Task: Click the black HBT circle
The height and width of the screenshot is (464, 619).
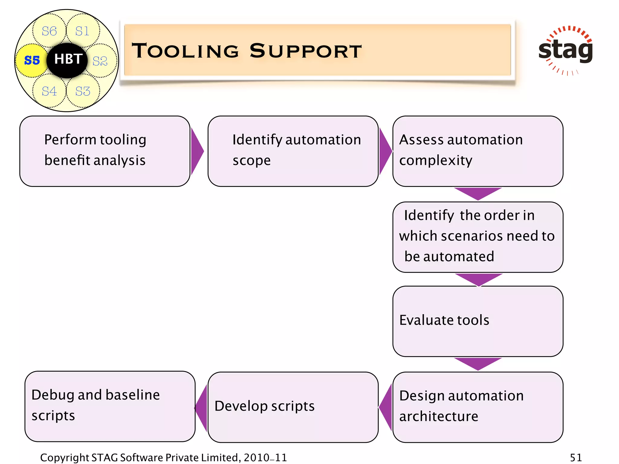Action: (x=67, y=60)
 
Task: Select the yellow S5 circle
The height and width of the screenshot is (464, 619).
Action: (x=31, y=60)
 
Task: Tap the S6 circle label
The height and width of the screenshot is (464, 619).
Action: (x=49, y=31)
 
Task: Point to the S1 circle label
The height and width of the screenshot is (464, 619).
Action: (x=82, y=31)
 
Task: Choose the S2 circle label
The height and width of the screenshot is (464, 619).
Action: (x=100, y=61)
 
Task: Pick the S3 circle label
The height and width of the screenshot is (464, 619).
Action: (x=83, y=91)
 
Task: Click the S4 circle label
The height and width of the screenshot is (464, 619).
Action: (x=49, y=91)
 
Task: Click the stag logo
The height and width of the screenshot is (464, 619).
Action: (x=565, y=50)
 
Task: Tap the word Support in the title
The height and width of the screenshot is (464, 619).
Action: (x=306, y=51)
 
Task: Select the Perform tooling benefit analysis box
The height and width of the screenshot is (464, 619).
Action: (x=105, y=151)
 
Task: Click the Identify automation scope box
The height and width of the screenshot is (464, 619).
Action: (x=293, y=151)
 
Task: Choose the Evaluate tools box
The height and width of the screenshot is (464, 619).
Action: (x=478, y=321)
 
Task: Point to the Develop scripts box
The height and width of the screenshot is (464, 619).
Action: (x=293, y=407)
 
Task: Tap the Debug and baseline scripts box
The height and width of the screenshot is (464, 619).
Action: (x=110, y=406)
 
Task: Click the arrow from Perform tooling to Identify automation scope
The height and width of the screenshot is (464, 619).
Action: (x=197, y=151)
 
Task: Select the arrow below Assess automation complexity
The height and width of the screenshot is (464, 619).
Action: (x=478, y=193)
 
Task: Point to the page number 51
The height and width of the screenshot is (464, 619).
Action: (x=575, y=457)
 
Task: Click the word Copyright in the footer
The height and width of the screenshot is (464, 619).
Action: (x=64, y=458)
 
